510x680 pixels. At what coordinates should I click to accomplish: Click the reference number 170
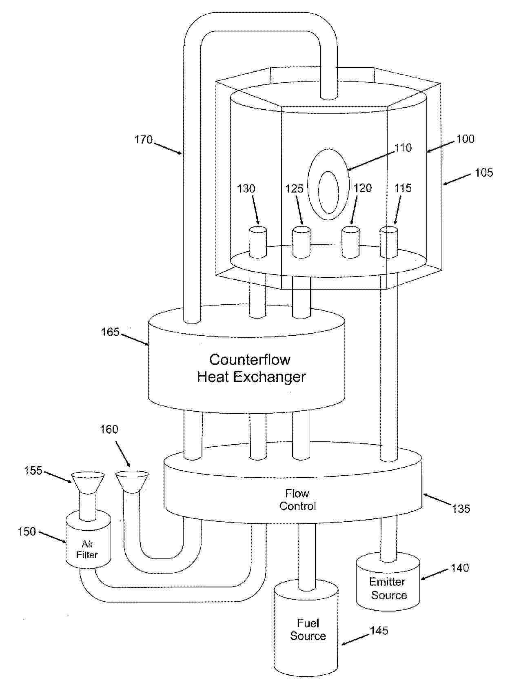144,140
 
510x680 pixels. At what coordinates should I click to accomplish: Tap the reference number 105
484,173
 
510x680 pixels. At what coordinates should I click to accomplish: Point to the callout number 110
403,148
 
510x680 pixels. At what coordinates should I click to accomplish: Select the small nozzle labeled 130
258,242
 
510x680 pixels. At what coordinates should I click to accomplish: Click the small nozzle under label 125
302,242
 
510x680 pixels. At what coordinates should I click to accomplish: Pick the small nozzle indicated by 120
350,242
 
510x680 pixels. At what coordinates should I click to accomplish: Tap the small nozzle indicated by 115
389,242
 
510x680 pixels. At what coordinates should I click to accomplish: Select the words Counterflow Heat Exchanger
251,368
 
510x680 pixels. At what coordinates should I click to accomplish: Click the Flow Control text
297,500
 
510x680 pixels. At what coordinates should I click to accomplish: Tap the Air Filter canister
88,540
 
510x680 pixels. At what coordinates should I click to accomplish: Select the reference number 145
379,631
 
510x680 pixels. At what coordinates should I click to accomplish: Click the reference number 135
461,509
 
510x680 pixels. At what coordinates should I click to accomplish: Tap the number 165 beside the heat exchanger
110,332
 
